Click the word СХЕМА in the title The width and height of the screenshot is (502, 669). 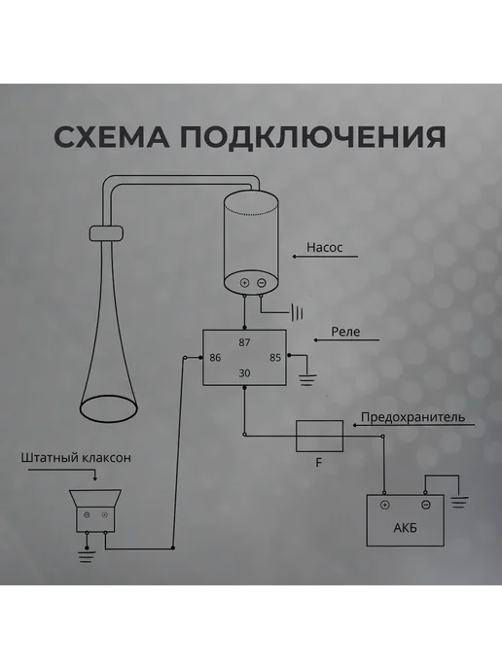point(112,136)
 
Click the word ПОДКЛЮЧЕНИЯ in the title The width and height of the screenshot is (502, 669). point(312,137)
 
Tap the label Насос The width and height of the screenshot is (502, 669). point(324,247)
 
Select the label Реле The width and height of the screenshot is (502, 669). point(345,332)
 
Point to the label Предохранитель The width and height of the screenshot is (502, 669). point(412,417)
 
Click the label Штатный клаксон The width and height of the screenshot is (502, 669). point(76,458)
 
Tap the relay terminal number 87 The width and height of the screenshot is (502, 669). point(244,342)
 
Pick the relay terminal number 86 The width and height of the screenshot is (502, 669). point(215,358)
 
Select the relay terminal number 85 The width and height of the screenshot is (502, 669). point(275,358)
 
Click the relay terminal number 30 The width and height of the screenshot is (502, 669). point(244,373)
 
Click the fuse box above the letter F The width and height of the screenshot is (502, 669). point(320,436)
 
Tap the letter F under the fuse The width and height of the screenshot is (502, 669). point(318,463)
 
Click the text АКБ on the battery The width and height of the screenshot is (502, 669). point(405,528)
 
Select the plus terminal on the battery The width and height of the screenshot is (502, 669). point(384,506)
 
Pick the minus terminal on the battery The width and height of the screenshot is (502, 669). point(425,506)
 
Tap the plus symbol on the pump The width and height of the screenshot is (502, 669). point(244,283)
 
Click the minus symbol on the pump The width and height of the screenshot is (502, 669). point(262,283)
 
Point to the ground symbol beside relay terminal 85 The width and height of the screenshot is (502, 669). point(307,380)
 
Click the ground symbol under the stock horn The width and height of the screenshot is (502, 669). point(87,556)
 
